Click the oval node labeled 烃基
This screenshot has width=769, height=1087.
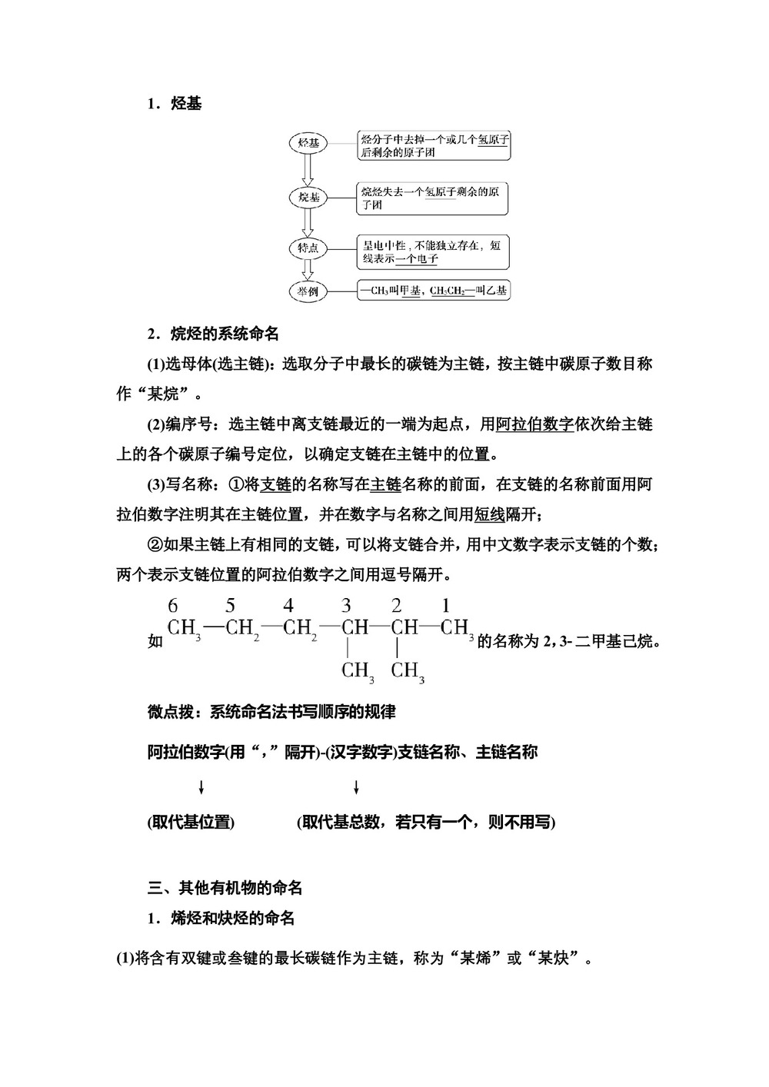[x=308, y=144]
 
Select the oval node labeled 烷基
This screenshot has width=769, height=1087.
[x=308, y=198]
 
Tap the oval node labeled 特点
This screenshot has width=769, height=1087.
[x=308, y=248]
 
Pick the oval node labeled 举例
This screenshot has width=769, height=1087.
[x=308, y=291]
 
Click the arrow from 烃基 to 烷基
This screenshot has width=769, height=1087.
[x=308, y=170]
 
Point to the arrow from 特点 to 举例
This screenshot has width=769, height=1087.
[x=308, y=270]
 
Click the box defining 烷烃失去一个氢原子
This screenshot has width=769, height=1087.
[x=433, y=198]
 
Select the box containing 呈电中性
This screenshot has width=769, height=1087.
[x=433, y=251]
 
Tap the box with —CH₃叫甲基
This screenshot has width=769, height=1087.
[x=433, y=291]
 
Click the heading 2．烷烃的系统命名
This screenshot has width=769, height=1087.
[x=213, y=334]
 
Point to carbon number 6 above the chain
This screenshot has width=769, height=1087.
[x=173, y=605]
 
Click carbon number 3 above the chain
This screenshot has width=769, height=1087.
[x=347, y=605]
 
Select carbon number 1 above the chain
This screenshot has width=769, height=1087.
[x=446, y=605]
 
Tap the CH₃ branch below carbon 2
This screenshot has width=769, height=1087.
[x=408, y=671]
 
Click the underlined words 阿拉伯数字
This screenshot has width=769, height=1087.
[x=535, y=424]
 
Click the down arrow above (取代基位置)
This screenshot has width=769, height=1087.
[x=201, y=787]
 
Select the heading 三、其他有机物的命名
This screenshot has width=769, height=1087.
[x=225, y=888]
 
